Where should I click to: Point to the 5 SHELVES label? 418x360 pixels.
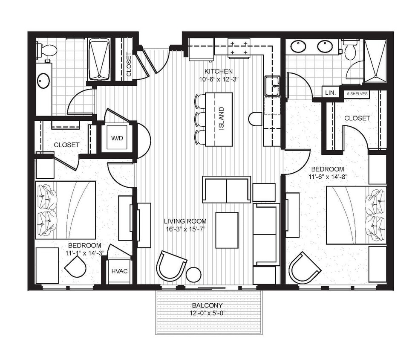[357, 93]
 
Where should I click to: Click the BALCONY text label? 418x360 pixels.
[208, 305]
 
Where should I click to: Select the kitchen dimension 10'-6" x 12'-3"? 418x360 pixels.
[218, 79]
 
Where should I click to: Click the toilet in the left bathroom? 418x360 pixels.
[47, 50]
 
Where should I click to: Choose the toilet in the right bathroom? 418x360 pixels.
[350, 51]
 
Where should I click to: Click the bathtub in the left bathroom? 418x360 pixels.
[99, 59]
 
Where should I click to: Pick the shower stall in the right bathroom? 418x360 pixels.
[375, 60]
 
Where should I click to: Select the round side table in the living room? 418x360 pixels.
[193, 274]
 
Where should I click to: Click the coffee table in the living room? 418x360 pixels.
[227, 230]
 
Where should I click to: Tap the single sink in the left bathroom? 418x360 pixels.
[43, 81]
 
